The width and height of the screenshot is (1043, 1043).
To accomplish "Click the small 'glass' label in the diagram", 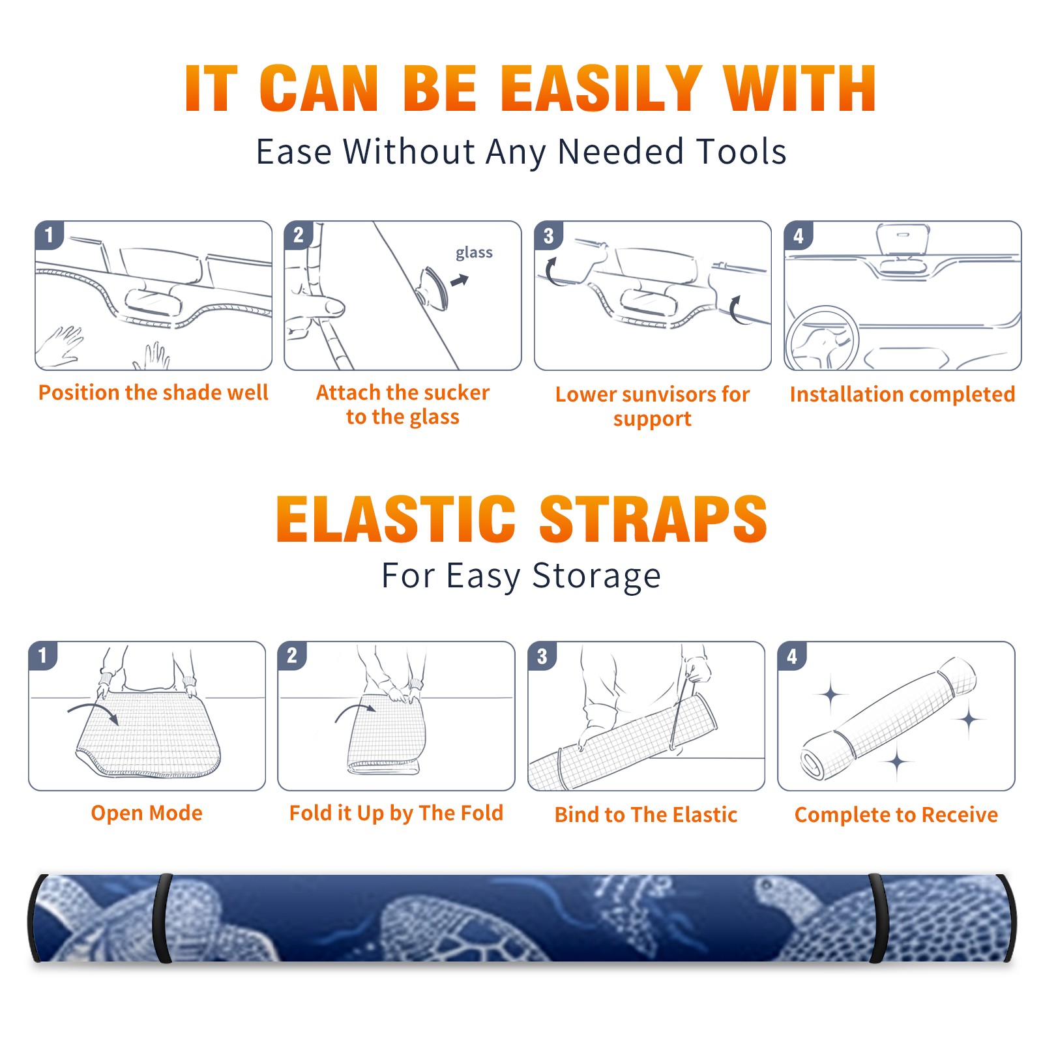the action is (x=474, y=252).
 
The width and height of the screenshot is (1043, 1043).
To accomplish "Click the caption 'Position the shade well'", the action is (x=153, y=392).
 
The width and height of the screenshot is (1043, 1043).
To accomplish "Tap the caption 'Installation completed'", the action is (x=902, y=394).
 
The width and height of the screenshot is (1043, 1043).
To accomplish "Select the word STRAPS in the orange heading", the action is (x=653, y=519).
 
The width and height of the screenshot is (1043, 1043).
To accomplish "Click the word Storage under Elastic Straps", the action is (x=596, y=576).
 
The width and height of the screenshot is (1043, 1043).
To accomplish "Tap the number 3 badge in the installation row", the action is (x=548, y=235).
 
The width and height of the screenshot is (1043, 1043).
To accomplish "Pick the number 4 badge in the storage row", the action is (x=792, y=656).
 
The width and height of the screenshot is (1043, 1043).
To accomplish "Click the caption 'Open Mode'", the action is (x=147, y=813).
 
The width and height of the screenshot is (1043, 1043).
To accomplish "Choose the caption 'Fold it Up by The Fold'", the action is (x=396, y=813).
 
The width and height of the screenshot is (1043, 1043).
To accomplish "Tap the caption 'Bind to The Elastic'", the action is (x=646, y=815).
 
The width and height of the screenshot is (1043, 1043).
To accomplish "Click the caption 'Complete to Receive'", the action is (x=896, y=815).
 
